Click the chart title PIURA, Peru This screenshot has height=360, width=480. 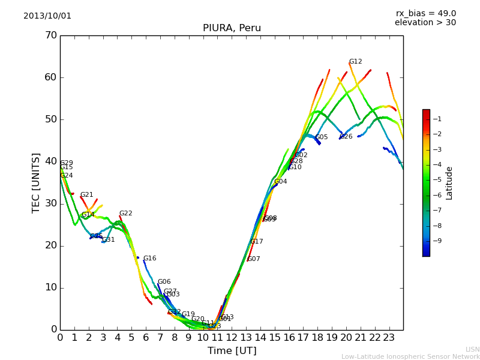coord(232,28)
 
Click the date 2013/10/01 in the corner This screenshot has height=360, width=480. coord(47,16)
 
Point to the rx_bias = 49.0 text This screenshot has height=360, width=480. coord(426,14)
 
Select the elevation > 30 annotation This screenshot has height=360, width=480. coord(425,23)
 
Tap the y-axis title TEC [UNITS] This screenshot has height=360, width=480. coord(36,182)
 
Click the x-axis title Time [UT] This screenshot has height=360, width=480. coord(232,351)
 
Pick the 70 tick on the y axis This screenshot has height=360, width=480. coord(50,35)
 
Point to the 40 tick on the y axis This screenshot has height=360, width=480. coord(50,161)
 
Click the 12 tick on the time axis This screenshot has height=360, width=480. coord(232,337)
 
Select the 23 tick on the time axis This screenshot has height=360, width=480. coord(389,337)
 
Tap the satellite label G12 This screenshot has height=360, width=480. coord(355,62)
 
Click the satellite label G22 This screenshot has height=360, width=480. coord(125,214)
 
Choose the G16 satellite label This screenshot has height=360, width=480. coord(149,259)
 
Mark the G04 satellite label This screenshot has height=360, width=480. coord(280,182)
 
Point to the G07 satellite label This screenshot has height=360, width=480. coord(254,259)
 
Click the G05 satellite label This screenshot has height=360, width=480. coord(322,137)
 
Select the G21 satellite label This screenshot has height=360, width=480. coord(86,195)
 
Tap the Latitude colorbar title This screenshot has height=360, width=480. coord(449,183)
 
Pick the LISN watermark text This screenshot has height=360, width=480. coord(472,349)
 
